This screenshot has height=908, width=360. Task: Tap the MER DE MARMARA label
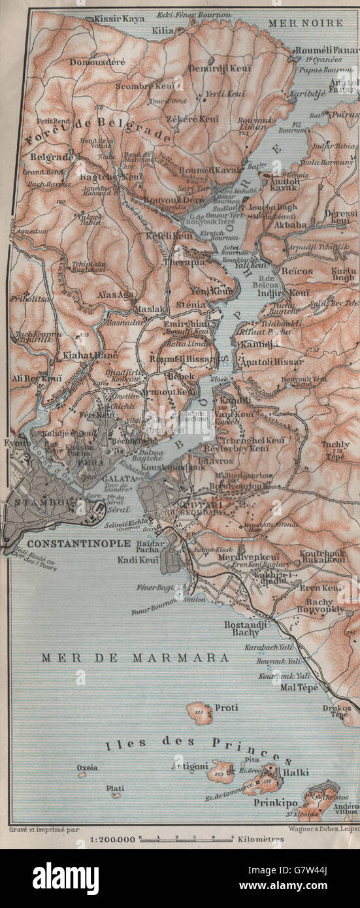click(x=135, y=658)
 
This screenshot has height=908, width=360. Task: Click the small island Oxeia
click(x=82, y=775)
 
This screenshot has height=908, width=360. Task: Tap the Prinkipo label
click(x=275, y=802)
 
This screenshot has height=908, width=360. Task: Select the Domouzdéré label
click(x=99, y=61)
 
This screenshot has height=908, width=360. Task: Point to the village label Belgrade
click(x=52, y=157)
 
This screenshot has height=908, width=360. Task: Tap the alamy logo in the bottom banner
click(x=65, y=879)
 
